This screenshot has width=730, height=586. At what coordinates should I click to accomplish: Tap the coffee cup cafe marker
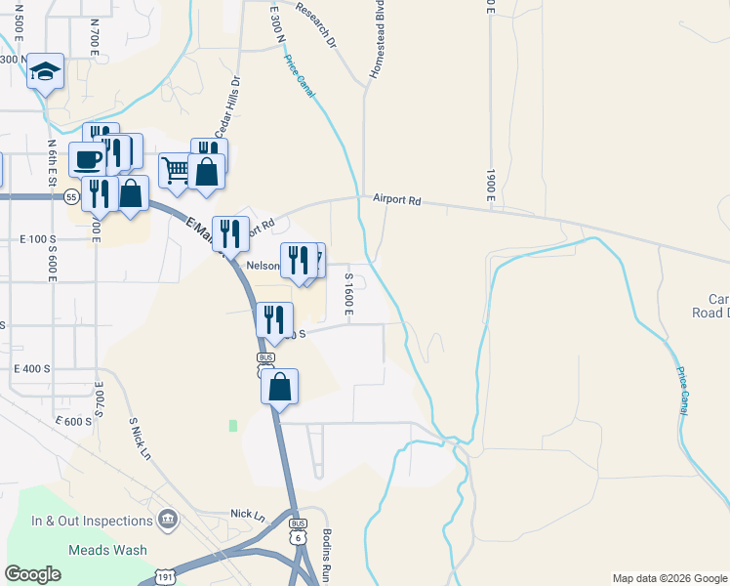(87, 159)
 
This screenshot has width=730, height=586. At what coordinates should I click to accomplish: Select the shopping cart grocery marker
(176, 171)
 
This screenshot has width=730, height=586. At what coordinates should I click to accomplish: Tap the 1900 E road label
(488, 182)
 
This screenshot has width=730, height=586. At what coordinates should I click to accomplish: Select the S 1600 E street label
(347, 294)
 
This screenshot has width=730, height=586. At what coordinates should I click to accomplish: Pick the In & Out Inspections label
(92, 521)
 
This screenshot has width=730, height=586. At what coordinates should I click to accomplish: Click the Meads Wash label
(107, 550)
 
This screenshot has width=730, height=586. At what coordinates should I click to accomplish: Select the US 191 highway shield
(167, 578)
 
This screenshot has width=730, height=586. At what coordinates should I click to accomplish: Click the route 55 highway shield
(71, 196)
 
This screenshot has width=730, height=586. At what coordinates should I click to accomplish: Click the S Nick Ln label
(141, 439)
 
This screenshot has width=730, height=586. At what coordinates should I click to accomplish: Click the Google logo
(33, 573)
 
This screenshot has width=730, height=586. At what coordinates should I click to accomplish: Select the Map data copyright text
(669, 578)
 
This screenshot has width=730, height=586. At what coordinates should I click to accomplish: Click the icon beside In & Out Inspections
(167, 516)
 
